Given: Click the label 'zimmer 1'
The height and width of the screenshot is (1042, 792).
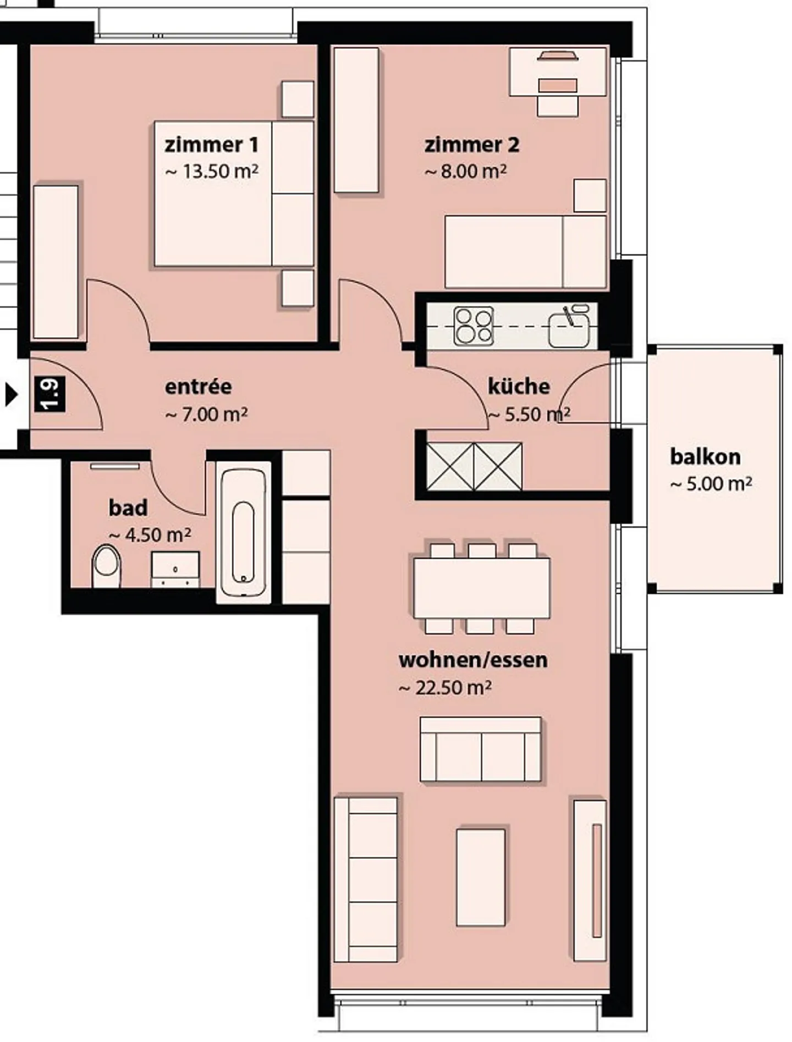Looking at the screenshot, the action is tap(211, 145).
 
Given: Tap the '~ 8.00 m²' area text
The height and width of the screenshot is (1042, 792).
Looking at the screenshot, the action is tap(465, 171).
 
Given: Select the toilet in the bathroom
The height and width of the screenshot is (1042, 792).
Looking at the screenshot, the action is tap(106, 566).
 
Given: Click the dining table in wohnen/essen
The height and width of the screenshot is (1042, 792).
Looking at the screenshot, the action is tap(482, 588).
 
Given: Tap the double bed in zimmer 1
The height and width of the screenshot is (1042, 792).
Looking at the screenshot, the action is tap(234, 194).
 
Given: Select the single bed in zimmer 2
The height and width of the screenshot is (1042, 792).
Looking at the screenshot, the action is tap(526, 251).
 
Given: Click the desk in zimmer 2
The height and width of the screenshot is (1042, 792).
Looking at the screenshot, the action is tap(558, 71).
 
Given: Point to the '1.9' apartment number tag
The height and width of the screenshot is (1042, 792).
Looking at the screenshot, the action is tap(50, 394).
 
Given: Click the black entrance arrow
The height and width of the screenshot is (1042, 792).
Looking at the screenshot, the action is tap(11, 395).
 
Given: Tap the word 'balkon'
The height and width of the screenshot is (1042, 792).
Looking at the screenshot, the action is tap(705, 456).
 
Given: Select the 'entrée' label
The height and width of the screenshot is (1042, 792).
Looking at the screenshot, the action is tap(198, 387).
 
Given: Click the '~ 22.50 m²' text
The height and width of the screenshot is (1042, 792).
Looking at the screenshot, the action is tap(445, 687).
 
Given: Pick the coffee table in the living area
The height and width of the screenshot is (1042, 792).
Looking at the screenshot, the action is tap(481, 878).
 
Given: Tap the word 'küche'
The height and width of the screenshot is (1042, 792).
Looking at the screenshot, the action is tap(519, 386).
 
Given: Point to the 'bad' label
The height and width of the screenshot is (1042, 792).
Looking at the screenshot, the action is tap(128, 508).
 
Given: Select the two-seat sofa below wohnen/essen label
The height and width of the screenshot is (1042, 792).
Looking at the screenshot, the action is tap(481, 749).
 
